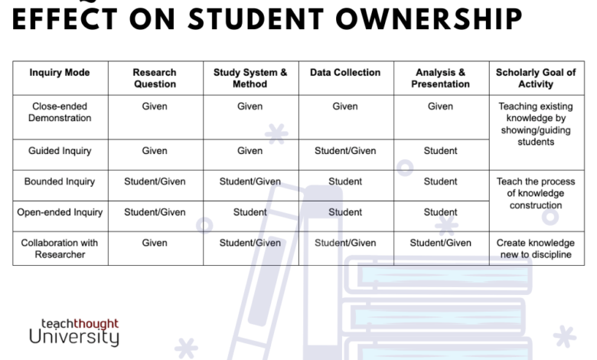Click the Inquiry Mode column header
point(60,72)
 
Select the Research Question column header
point(155,78)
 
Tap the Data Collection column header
point(345,72)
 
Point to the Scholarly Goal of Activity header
point(536,78)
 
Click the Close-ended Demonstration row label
point(60,112)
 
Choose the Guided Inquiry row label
point(60,151)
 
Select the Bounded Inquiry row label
point(60,182)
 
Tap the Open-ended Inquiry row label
point(60,212)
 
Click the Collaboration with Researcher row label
point(60,248)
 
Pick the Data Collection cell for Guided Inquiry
point(345,151)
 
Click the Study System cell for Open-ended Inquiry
point(250,212)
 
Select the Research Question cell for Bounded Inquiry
point(155,182)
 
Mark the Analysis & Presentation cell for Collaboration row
point(441,243)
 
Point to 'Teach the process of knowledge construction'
point(536,193)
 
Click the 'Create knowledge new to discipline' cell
point(536,248)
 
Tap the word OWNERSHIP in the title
point(429,19)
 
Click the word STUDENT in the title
point(256,19)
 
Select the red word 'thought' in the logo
point(96,323)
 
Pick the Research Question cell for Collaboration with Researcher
point(155,243)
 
